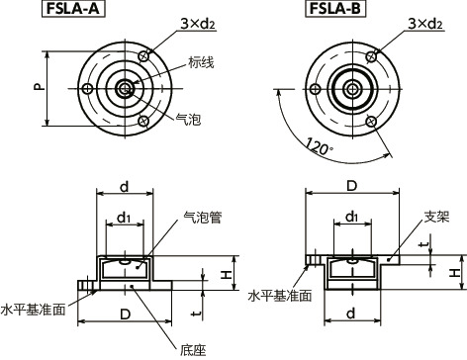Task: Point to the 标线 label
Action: (x=200, y=62)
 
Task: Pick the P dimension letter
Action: (x=38, y=87)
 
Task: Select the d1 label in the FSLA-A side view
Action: (x=123, y=217)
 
